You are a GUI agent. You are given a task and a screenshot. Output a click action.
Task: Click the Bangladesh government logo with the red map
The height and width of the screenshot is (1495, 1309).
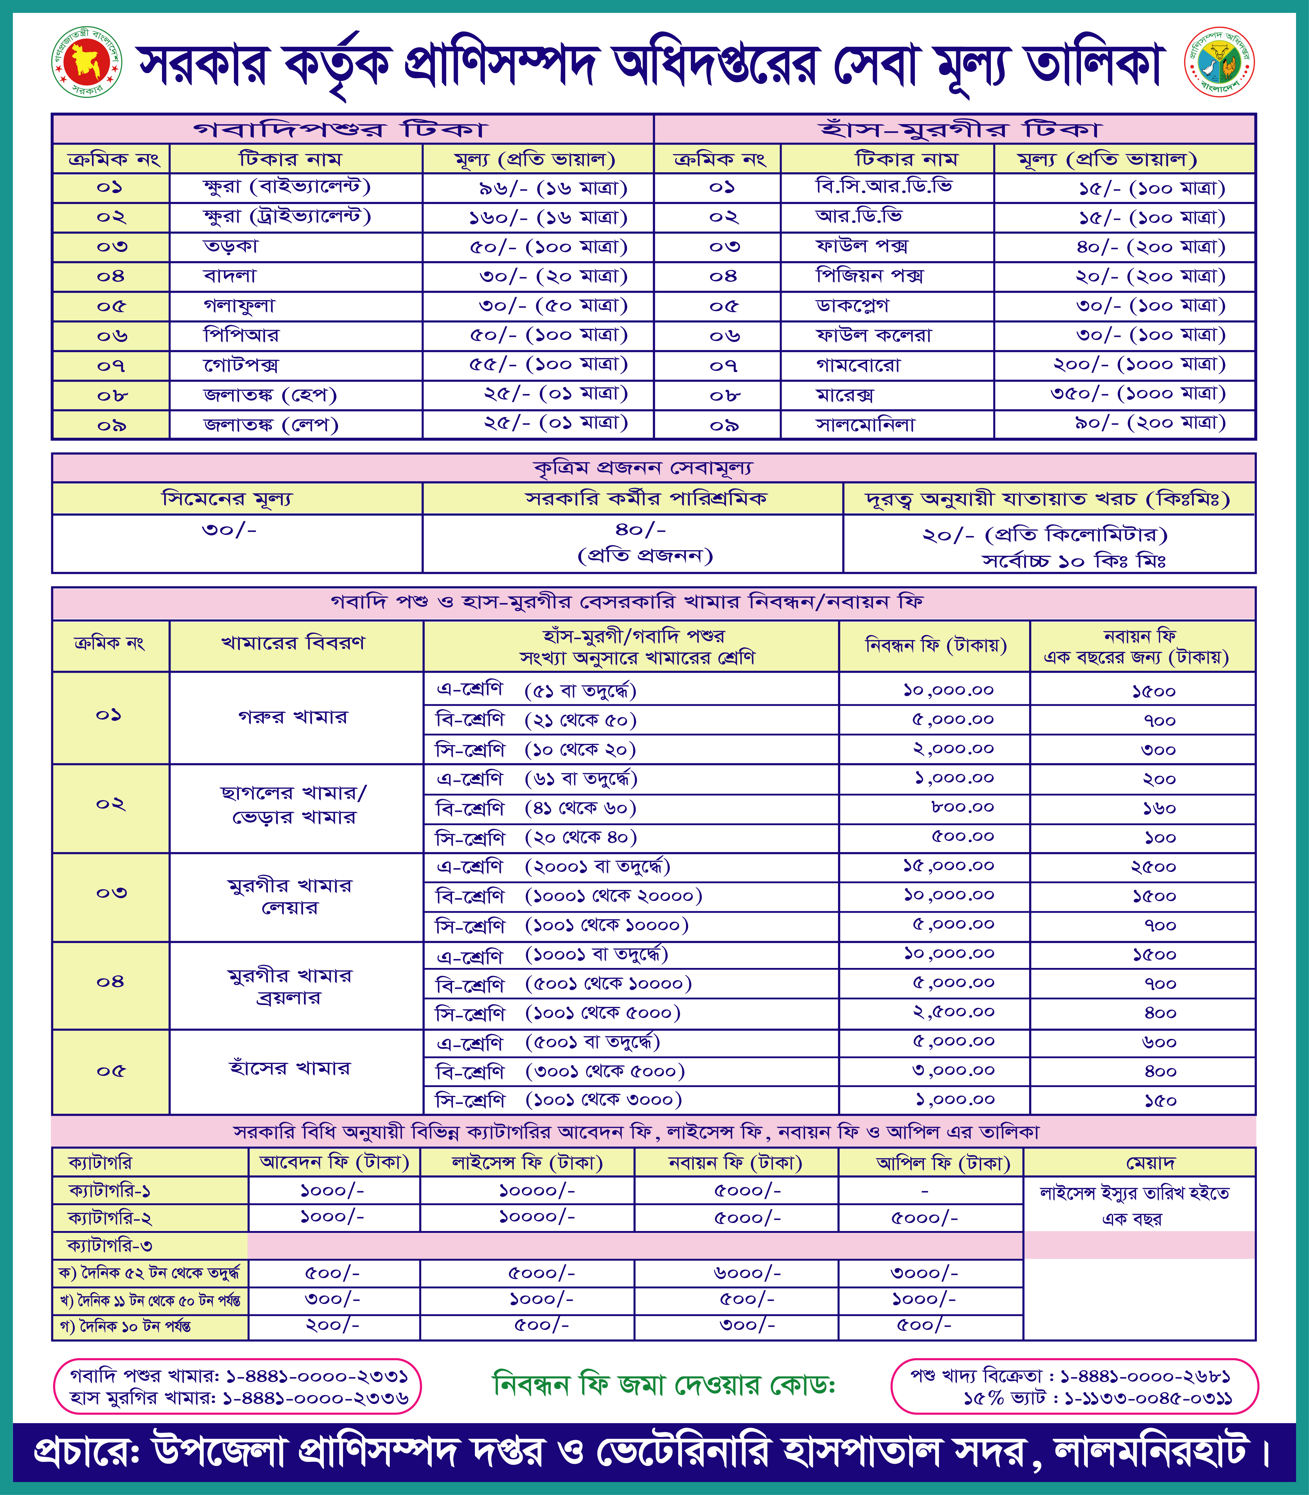point(86,63)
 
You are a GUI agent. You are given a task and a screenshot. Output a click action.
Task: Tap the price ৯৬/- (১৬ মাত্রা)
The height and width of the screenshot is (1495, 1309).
point(553,189)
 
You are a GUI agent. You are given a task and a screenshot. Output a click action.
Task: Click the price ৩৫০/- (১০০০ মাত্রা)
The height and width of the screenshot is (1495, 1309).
point(1137,394)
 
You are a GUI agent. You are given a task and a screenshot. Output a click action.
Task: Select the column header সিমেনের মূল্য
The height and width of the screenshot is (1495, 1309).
point(227,499)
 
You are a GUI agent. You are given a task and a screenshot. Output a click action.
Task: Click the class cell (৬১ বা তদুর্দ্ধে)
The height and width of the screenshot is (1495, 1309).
point(581,779)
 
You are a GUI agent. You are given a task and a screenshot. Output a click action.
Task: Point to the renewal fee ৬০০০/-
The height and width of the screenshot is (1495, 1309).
point(746,1273)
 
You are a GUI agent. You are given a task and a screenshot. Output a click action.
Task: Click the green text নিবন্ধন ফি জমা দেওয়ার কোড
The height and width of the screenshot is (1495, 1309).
point(664,1385)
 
